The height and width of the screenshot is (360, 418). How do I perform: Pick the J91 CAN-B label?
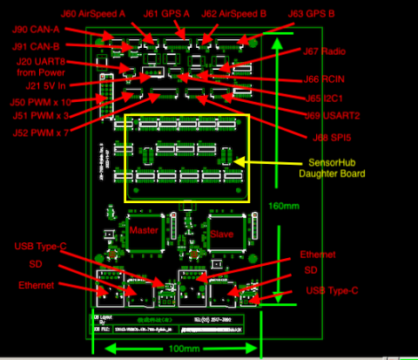point(37,46)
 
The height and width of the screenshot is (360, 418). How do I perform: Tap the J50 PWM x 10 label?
point(44,101)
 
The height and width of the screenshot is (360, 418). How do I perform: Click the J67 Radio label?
point(324,51)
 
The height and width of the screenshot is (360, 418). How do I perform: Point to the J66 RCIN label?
point(324,78)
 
